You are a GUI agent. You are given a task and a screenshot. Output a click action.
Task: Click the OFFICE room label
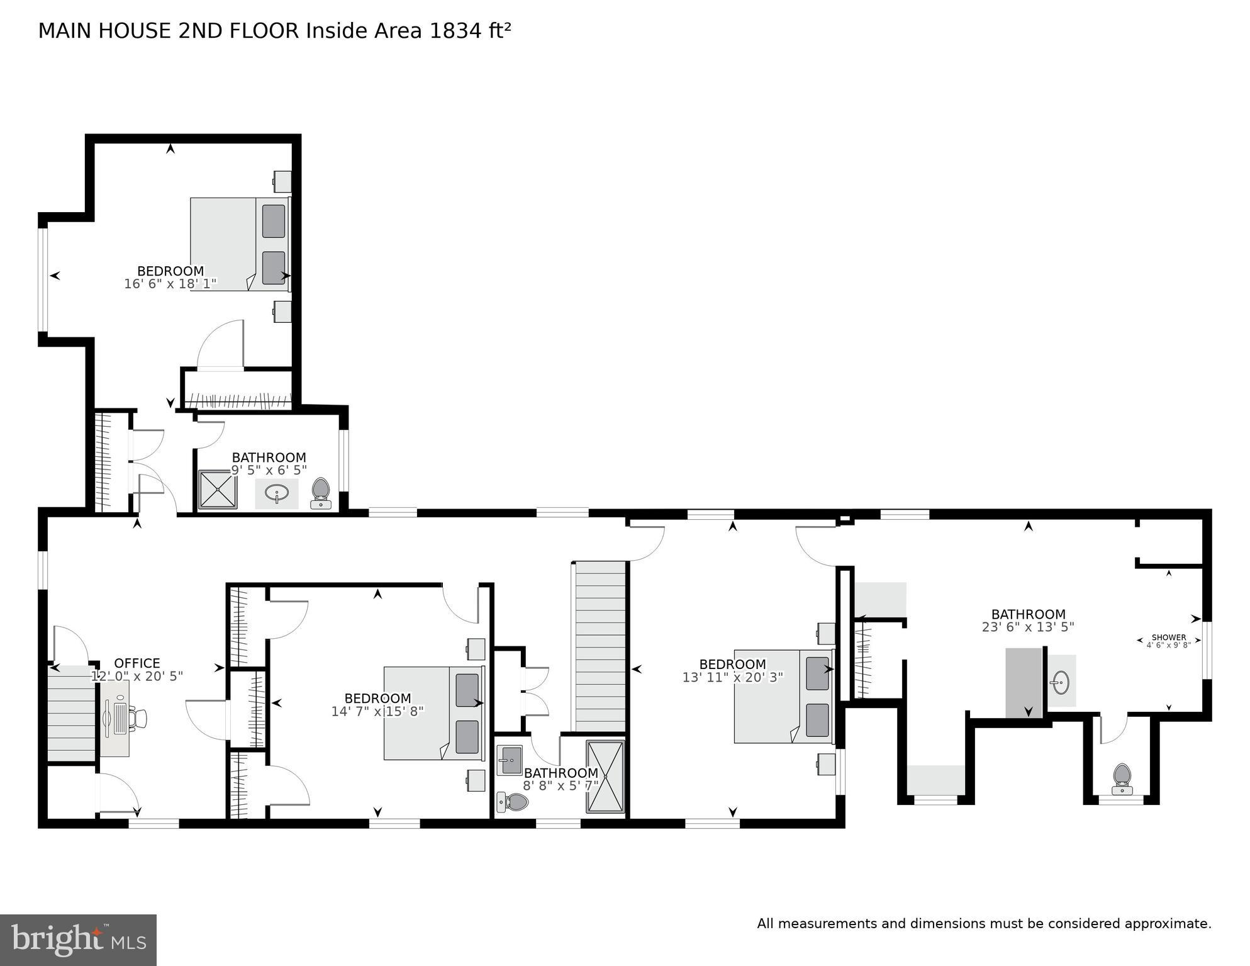point(137,663)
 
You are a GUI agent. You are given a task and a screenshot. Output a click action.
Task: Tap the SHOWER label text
point(1168,637)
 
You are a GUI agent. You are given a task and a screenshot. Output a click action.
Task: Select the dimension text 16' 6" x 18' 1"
point(170,284)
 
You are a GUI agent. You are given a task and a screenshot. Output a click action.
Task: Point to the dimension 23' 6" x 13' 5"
point(1028,627)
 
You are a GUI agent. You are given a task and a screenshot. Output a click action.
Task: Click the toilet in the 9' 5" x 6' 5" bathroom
point(321,493)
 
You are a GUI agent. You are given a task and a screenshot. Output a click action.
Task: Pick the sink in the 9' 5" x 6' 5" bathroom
point(276,493)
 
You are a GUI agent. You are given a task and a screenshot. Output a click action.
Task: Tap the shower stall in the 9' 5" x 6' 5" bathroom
point(218,489)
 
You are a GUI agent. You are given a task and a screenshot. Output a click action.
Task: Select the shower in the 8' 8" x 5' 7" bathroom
point(605,777)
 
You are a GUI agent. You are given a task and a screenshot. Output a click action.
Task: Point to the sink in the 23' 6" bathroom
point(1061,682)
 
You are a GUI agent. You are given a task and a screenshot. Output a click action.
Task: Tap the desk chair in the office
point(138,717)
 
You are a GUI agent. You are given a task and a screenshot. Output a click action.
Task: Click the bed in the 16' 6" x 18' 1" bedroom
point(240,244)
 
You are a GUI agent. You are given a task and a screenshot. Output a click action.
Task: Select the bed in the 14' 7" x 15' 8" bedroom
point(434,713)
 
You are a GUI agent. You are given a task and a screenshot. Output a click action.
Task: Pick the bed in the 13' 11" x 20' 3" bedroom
point(783,696)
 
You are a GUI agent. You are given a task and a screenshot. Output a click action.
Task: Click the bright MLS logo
point(78,940)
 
